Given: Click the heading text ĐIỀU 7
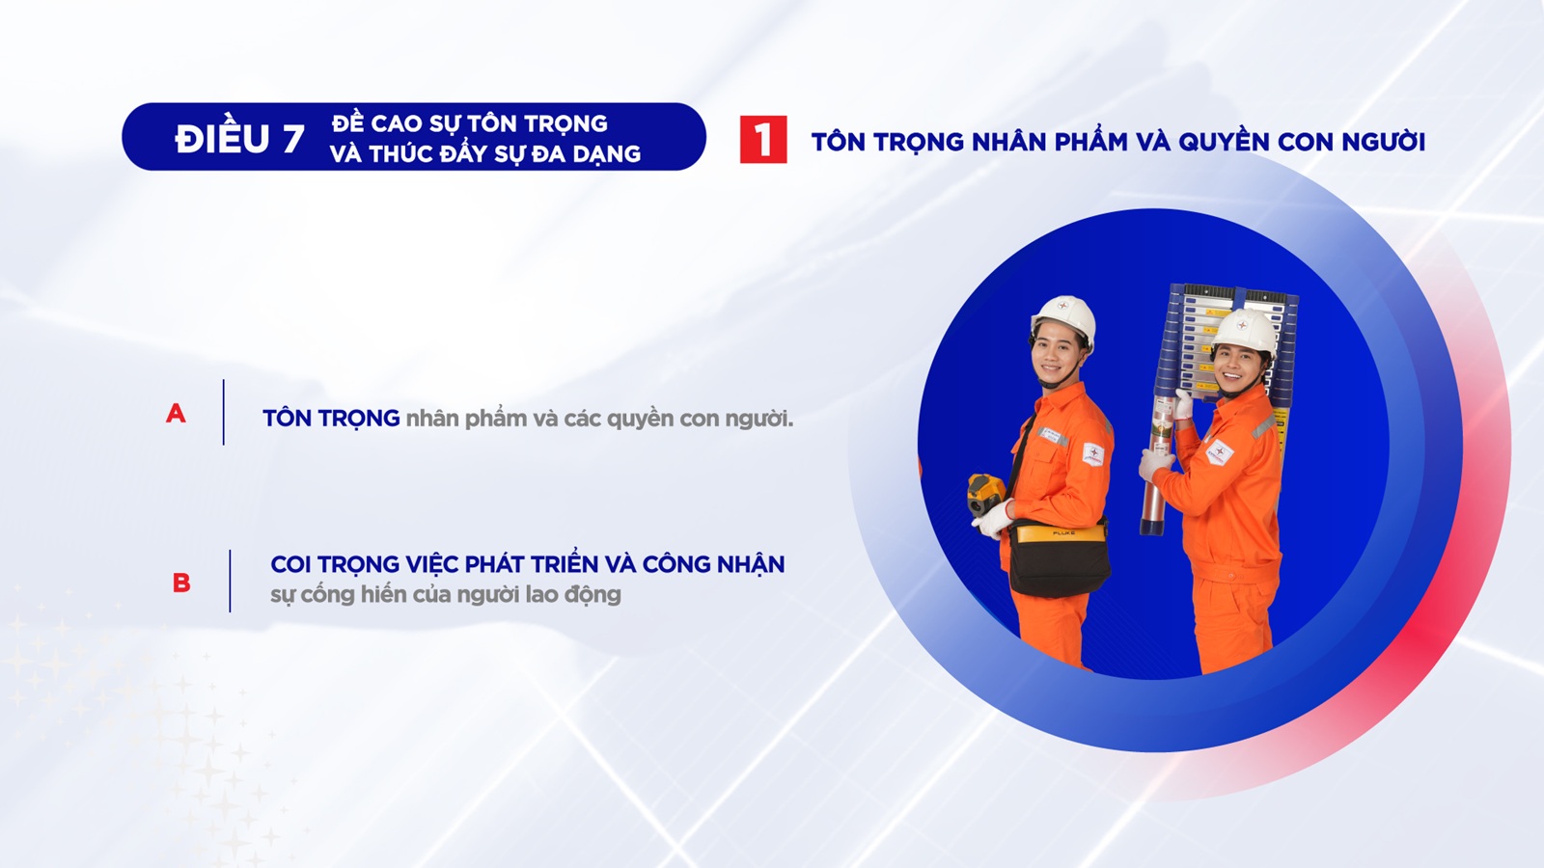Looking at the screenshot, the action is click(240, 139).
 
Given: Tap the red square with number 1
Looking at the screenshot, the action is click(763, 140).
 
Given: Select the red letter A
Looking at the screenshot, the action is click(176, 414).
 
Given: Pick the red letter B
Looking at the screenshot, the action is click(181, 583).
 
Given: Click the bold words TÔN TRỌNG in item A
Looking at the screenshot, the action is click(331, 418).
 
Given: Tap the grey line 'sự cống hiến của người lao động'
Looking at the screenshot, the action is click(445, 594).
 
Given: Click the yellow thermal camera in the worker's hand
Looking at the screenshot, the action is click(985, 494).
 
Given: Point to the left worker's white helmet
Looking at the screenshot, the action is click(1062, 322).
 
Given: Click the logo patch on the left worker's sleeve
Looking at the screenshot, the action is click(1093, 454).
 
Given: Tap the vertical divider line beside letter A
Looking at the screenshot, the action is click(223, 412).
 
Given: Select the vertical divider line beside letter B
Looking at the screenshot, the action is click(230, 581).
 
